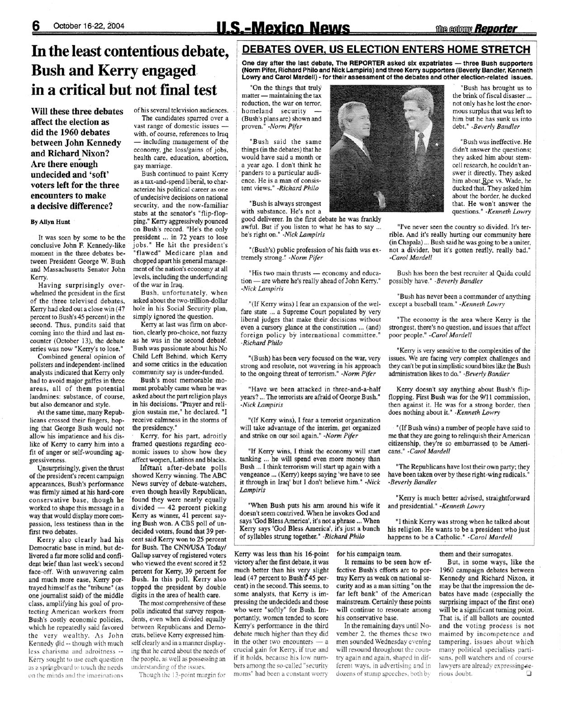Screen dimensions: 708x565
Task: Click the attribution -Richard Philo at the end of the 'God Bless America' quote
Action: tap(344, 536)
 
